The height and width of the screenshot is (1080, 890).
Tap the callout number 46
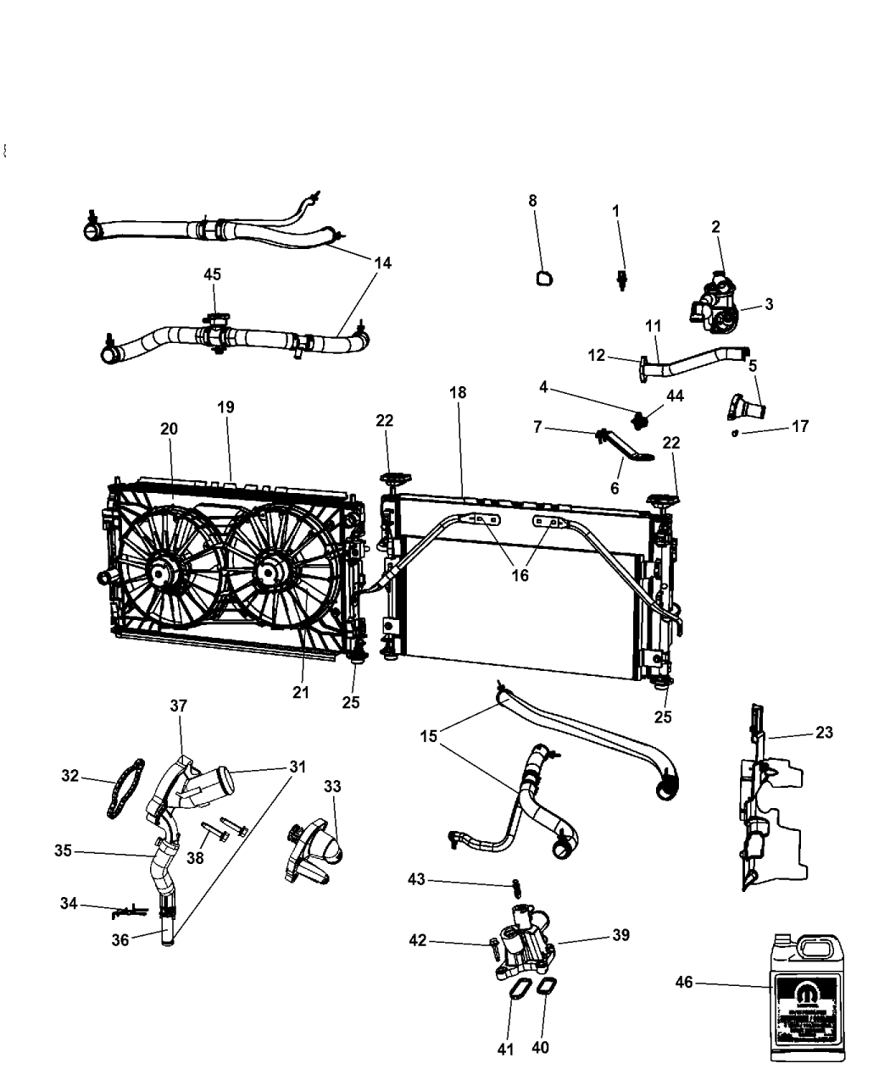(x=683, y=983)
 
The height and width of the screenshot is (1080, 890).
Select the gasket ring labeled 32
(x=125, y=789)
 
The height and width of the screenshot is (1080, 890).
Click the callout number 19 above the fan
(x=225, y=407)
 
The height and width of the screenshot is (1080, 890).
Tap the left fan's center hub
(x=160, y=574)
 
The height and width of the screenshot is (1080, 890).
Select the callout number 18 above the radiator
(x=459, y=393)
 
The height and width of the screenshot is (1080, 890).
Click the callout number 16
(x=520, y=575)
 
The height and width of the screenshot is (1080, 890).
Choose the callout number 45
(x=212, y=274)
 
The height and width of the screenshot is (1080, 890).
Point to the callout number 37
(x=179, y=706)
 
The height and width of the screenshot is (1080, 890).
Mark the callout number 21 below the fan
(x=301, y=692)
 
